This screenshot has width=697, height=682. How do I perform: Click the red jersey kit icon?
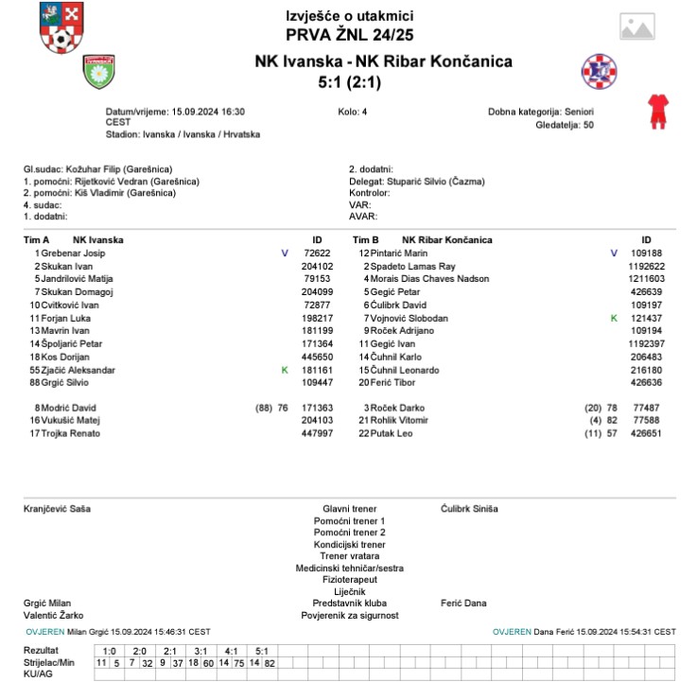click(656, 111)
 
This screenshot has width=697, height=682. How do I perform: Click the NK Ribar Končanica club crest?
click(598, 71)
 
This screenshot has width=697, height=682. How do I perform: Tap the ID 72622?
click(317, 254)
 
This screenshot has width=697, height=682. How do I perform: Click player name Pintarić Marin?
click(399, 254)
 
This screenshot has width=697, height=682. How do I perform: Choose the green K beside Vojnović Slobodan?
click(614, 318)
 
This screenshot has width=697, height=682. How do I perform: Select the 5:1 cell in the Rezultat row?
click(262, 651)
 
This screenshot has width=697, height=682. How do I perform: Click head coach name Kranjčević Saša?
click(58, 509)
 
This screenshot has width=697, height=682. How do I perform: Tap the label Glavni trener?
click(349, 509)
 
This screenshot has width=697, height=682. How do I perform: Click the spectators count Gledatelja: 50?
click(565, 124)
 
